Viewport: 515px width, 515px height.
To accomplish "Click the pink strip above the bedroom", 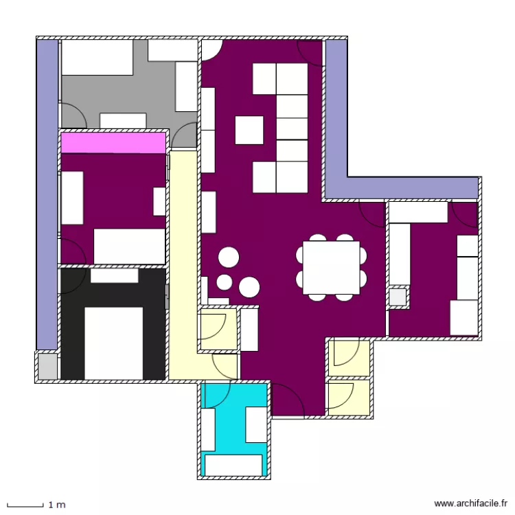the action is click(113, 143).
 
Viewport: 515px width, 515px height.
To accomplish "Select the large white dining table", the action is click(331, 268).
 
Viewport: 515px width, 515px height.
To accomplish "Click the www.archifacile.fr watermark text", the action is click(470, 503).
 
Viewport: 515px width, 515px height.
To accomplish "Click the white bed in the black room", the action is click(113, 343).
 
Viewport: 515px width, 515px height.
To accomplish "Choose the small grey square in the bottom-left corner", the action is click(47, 366).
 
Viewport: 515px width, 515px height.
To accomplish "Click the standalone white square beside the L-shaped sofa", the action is click(249, 130).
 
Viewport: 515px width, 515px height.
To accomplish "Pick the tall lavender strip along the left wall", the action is click(47, 194).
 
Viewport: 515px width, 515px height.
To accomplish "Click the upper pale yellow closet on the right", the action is click(349, 358).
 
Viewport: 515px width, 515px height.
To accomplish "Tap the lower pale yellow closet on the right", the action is click(349, 398).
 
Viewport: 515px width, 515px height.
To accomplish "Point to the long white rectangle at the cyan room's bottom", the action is click(233, 465).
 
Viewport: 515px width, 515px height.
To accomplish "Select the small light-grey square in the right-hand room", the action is click(398, 297).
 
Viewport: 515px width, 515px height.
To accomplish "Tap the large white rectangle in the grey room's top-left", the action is click(98, 57).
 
